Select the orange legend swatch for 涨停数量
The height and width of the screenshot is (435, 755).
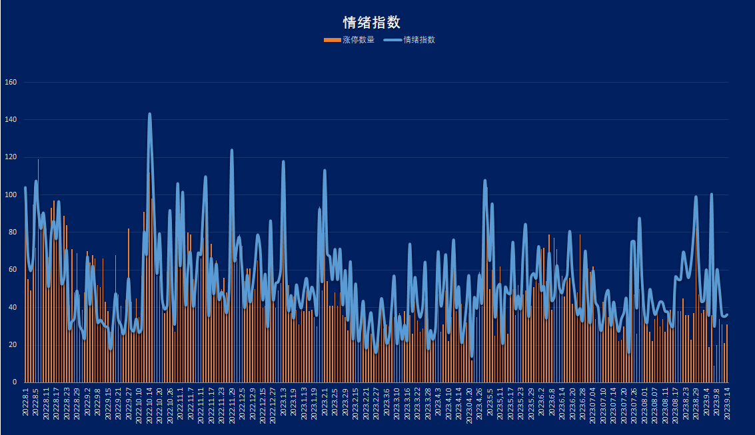tap(332, 40)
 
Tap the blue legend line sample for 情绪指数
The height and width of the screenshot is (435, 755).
tap(393, 40)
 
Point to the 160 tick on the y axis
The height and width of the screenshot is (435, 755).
tap(11, 83)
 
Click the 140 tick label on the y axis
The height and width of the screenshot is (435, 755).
tap(11, 120)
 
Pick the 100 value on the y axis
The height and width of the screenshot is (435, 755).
tap(11, 195)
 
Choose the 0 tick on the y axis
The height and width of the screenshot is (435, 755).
tap(15, 382)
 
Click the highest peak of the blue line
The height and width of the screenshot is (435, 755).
tap(149, 114)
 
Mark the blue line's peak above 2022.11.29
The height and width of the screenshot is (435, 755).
tap(232, 151)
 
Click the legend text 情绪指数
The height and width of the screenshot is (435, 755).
tap(419, 40)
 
